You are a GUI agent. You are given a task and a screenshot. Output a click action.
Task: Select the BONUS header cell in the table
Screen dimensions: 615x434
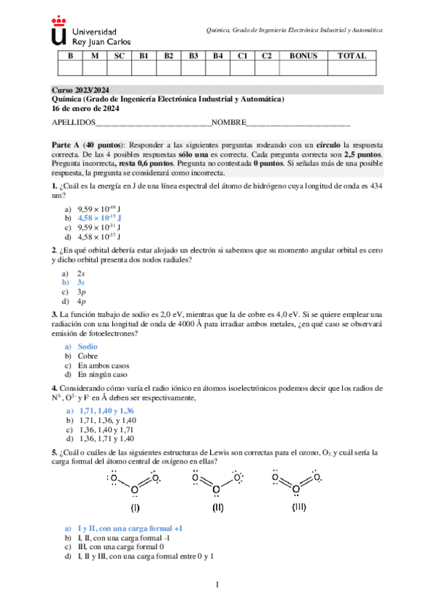[303, 56]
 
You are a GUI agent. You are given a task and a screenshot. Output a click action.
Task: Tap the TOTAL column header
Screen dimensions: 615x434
[353, 56]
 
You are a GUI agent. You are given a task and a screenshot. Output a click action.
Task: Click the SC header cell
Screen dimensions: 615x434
[120, 56]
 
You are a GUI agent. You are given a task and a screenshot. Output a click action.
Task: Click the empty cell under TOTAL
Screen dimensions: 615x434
[353, 68]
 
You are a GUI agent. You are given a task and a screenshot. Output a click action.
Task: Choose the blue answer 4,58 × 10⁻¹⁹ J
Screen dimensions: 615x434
[99, 217]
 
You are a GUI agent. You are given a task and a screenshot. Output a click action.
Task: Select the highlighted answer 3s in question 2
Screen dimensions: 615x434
[81, 282]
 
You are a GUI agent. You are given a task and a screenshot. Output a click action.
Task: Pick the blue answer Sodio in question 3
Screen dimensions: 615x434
[87, 347]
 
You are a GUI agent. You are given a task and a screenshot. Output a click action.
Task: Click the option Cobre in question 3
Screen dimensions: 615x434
[88, 356]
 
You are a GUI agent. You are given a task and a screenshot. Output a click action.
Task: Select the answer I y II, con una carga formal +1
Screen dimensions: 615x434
[129, 529]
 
